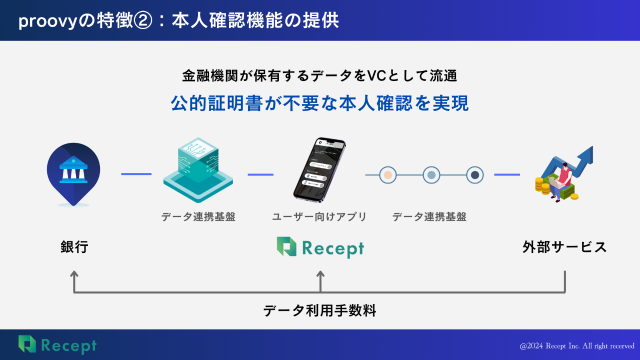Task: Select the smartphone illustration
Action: tap(320, 170)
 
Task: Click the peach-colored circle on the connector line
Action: tap(387, 175)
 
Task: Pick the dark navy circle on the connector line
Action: tap(475, 175)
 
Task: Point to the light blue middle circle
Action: tap(431, 175)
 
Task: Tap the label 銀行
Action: tap(74, 247)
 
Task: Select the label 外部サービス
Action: tap(564, 247)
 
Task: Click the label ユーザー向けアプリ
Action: tap(319, 217)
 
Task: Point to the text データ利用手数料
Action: tap(319, 311)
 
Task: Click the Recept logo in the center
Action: tap(320, 247)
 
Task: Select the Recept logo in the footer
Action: tap(57, 344)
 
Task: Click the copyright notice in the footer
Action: tap(577, 346)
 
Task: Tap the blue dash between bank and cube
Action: tap(136, 174)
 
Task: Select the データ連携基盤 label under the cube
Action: tap(198, 217)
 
